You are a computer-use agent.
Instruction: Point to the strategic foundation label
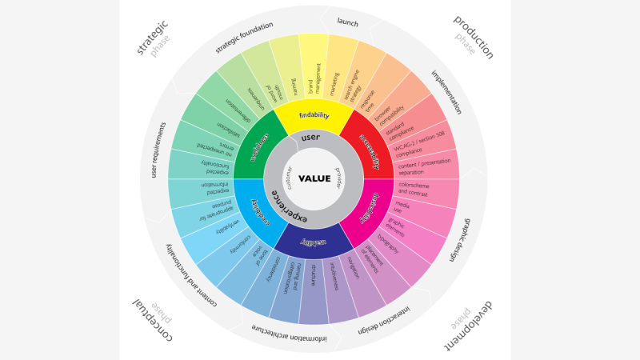(244, 38)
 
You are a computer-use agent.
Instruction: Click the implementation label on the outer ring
(447, 91)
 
